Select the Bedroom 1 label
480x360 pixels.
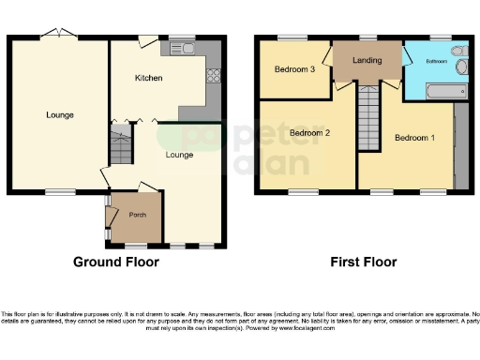413,138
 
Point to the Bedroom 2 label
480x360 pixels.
308,133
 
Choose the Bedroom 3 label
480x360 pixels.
293,69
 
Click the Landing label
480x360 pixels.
367,61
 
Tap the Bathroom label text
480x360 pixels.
438,60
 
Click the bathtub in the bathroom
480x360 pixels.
446,91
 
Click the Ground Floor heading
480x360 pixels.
116,262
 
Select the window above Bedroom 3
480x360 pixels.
292,37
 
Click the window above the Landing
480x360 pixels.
367,37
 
